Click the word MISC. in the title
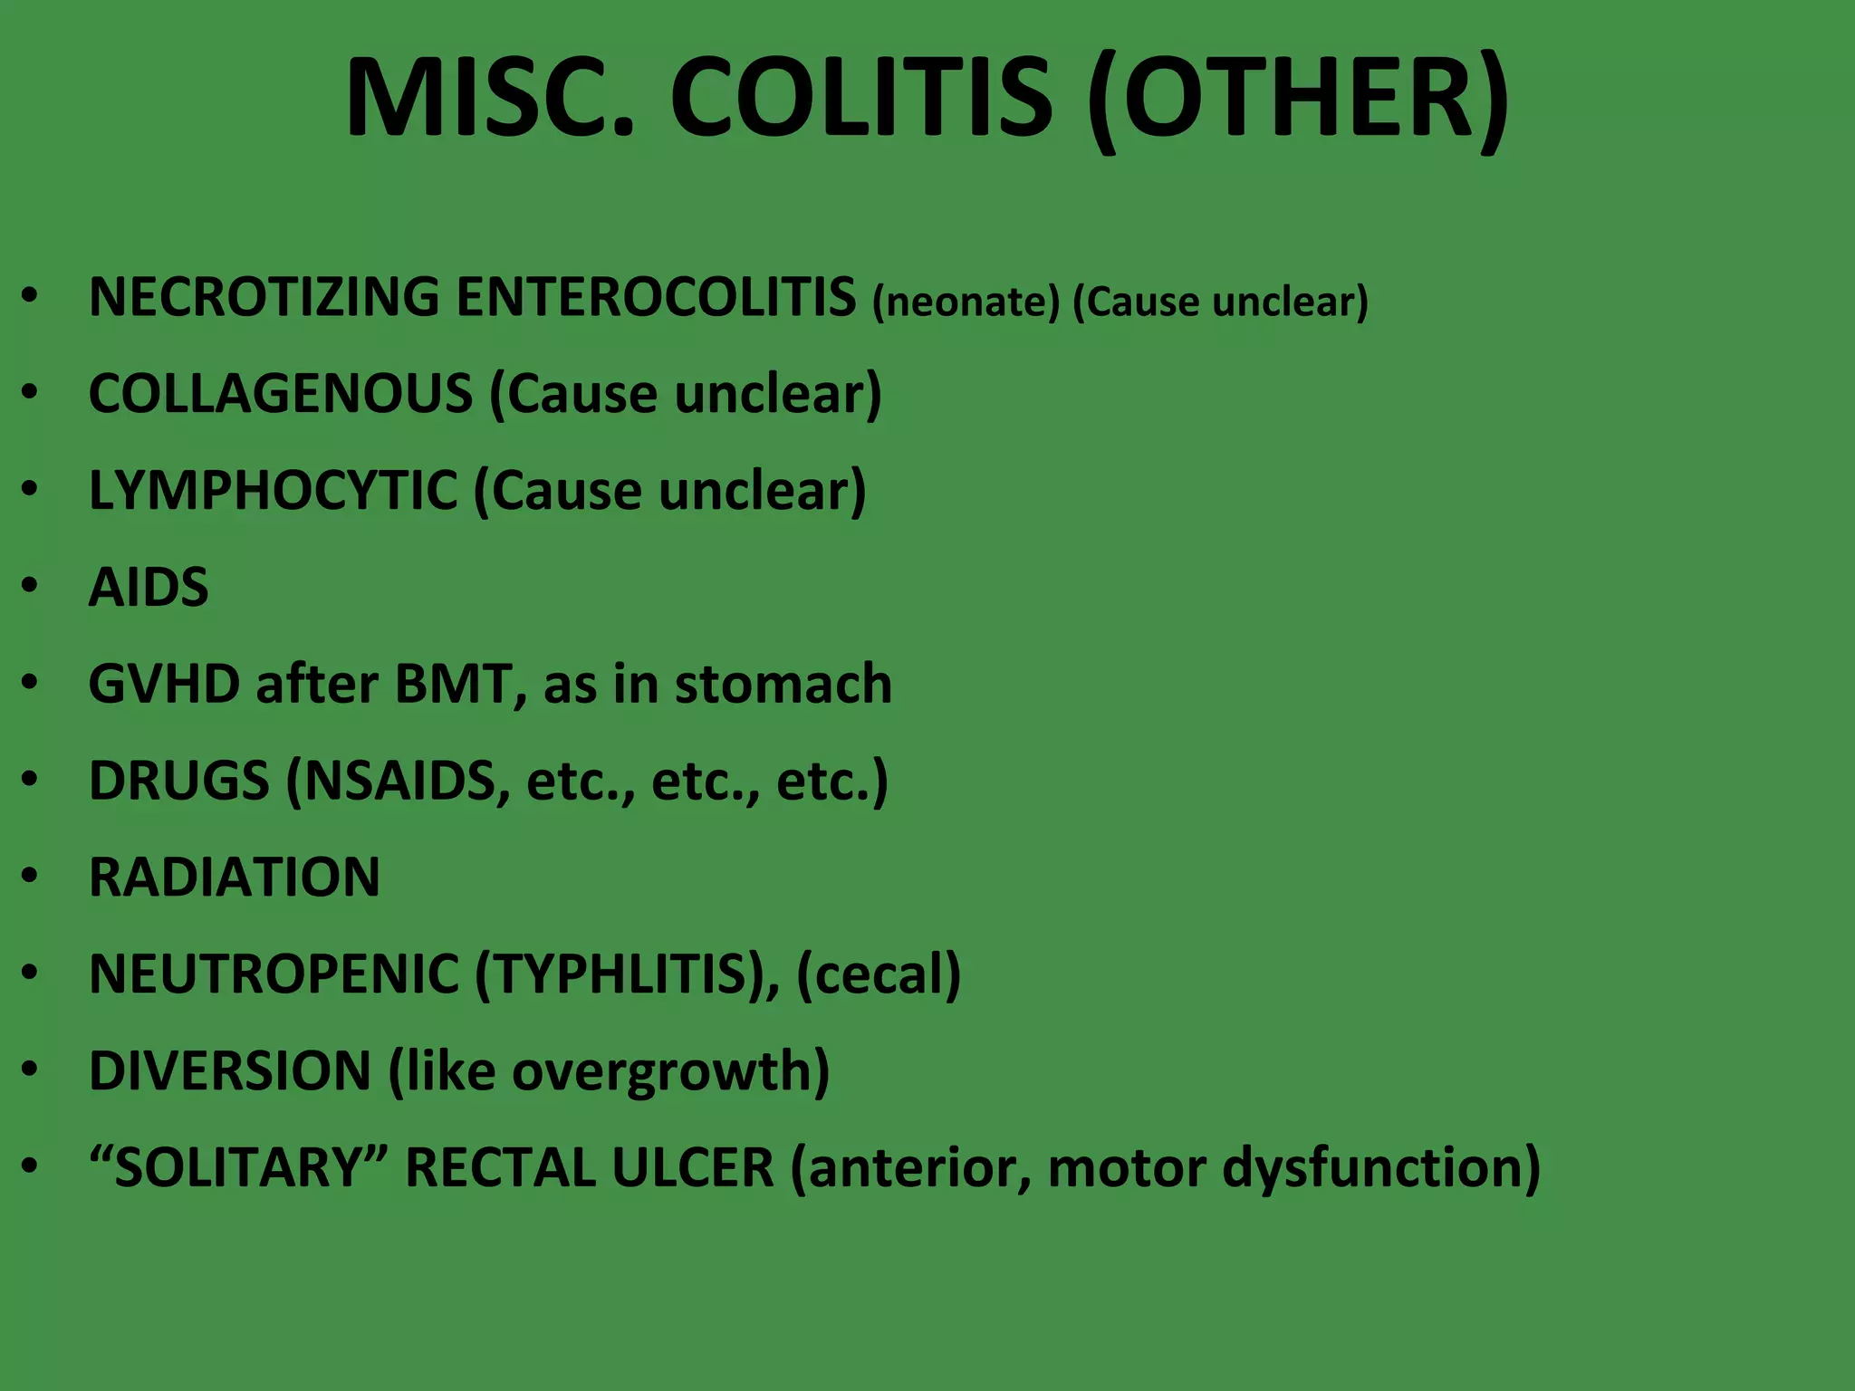coord(490,98)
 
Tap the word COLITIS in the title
coord(861,98)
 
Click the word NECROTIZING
coord(264,297)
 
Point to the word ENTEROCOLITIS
coord(656,297)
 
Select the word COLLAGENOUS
coord(281,394)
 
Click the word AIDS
coord(149,588)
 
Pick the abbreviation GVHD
coord(164,684)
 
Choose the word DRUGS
coord(179,781)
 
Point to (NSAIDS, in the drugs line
coord(399,781)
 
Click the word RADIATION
coord(235,878)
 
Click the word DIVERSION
coord(230,1071)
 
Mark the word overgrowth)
coord(671,1071)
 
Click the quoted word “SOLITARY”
coord(239,1167)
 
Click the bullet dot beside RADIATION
coord(31,876)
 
